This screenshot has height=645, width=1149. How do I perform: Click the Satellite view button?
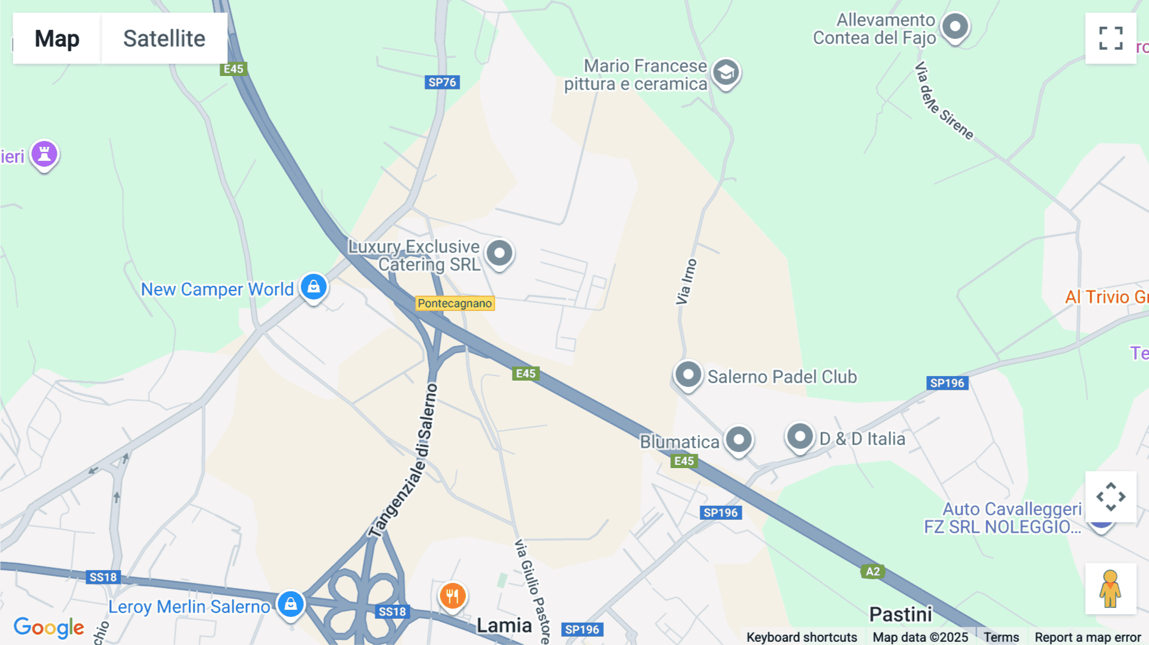(164, 38)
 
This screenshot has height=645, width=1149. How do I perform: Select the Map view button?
(57, 38)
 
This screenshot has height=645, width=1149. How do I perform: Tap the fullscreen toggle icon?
(1111, 38)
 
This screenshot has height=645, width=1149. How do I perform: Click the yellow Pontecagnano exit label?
(455, 303)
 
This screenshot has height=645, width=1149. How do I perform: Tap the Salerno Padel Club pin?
(688, 375)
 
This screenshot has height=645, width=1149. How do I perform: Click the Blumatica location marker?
(739, 439)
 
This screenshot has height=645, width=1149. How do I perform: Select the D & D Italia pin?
(799, 437)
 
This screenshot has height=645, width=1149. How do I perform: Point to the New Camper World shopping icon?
(313, 287)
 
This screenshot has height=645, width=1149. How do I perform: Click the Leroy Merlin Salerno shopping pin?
(290, 603)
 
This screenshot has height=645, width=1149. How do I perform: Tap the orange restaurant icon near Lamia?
(453, 596)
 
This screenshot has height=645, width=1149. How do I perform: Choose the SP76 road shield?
(442, 82)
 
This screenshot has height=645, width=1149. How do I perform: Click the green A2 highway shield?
(873, 572)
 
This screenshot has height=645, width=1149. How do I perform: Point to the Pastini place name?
(901, 614)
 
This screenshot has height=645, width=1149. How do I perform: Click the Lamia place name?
(504, 625)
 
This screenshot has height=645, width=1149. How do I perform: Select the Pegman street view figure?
(1110, 589)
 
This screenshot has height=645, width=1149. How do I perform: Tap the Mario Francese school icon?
(726, 73)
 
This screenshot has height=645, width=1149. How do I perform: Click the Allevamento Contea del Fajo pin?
(955, 27)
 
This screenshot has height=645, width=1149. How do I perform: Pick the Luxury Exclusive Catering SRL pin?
(499, 254)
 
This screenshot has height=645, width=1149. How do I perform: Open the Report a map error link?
(1088, 637)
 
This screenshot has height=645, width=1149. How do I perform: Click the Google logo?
(49, 627)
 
